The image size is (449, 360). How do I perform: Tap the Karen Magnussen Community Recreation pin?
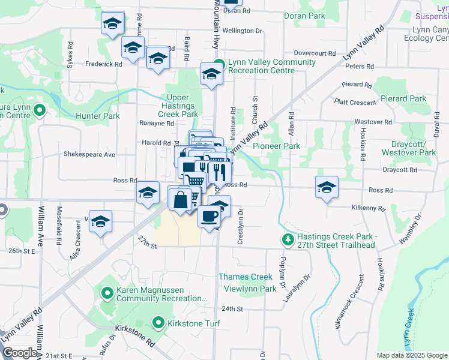[x=107, y=293]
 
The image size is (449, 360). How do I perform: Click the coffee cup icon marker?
[x=208, y=216]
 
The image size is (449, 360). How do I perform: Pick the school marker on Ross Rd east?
[x=326, y=188]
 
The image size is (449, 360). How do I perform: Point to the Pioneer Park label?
[x=276, y=146]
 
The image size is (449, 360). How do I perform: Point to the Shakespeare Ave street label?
[x=89, y=154]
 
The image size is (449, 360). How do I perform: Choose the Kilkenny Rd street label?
[x=369, y=208]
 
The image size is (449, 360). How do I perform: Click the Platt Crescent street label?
[x=357, y=102]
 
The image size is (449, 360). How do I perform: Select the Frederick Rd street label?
[x=104, y=64]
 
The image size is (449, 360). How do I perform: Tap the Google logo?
[x=19, y=353]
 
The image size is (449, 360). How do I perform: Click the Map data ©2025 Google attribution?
[x=411, y=355]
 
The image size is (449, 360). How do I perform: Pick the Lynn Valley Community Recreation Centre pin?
[x=220, y=63]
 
